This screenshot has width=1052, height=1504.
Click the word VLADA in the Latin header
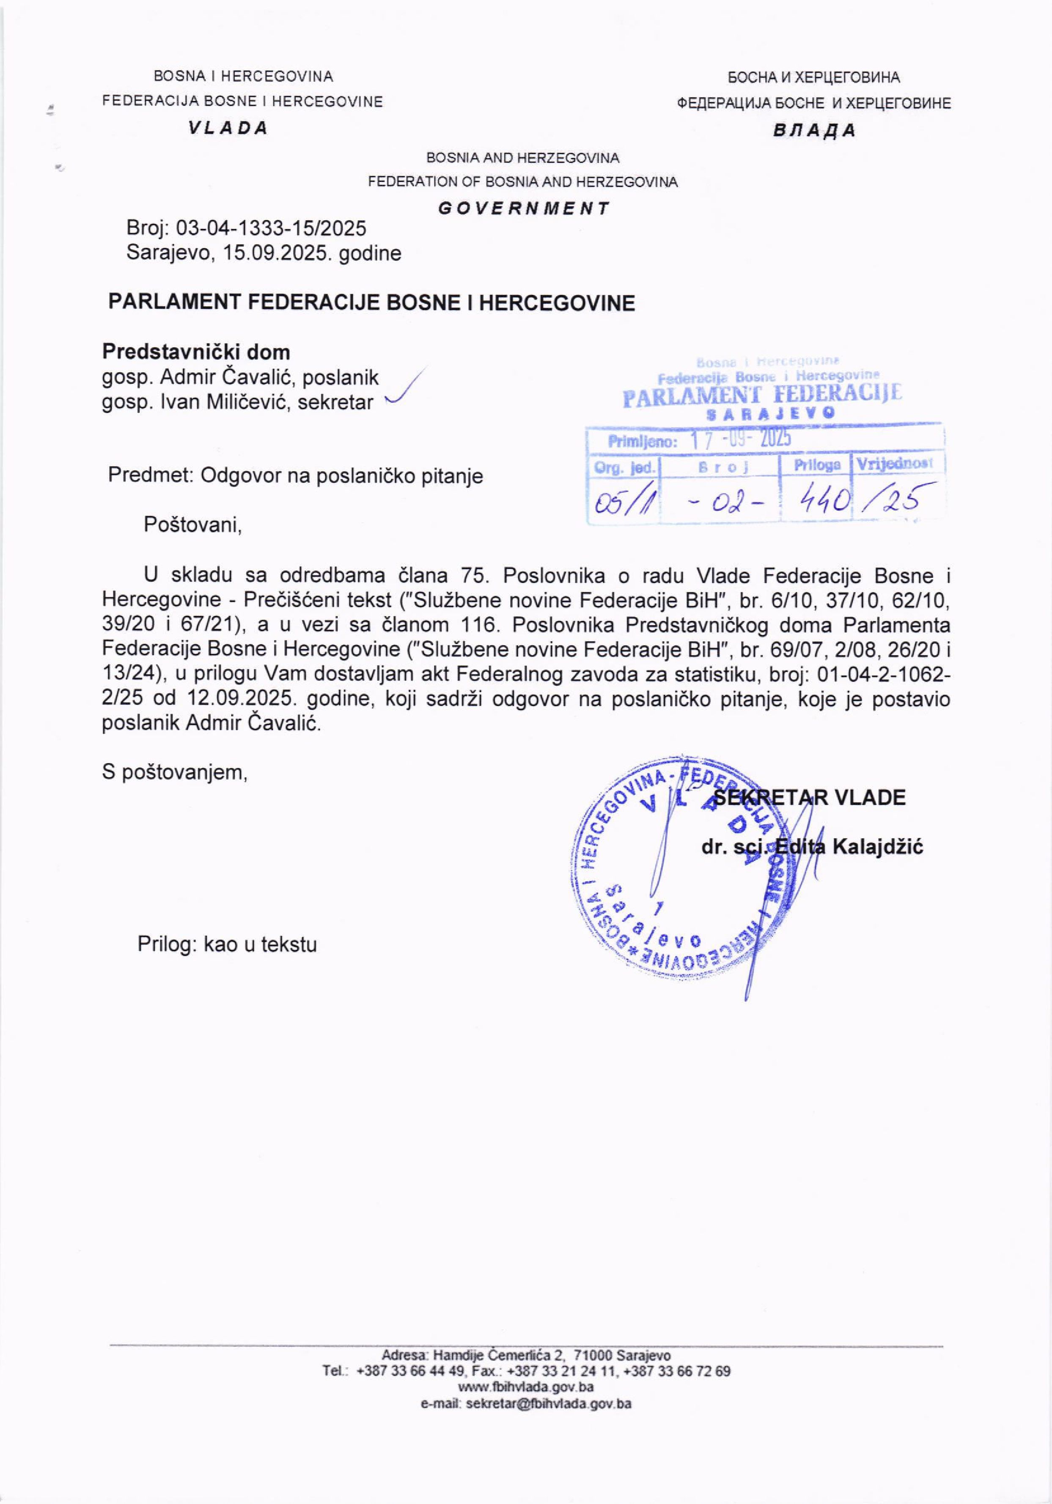click(x=228, y=129)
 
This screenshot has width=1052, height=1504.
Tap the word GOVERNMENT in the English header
click(x=523, y=209)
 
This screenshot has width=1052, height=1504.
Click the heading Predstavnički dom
click(x=196, y=352)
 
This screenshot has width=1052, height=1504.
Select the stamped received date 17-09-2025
click(x=741, y=439)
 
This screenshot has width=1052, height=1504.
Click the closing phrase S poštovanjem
click(x=175, y=772)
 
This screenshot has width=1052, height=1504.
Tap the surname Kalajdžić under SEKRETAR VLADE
click(x=877, y=847)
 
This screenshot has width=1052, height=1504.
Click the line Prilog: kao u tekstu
click(x=227, y=944)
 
